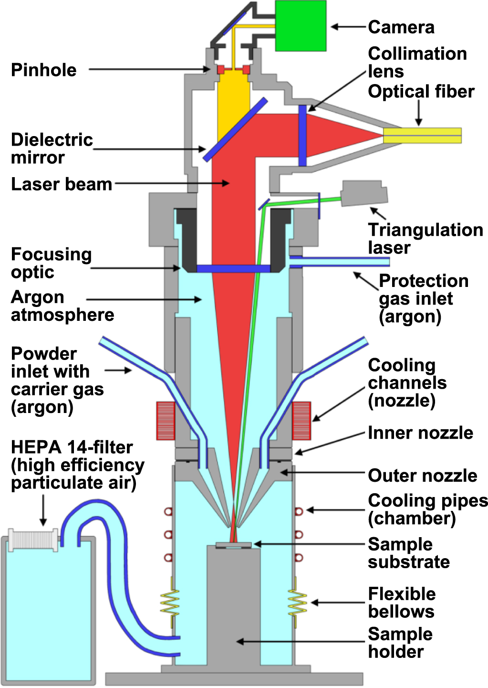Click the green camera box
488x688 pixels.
(x=301, y=25)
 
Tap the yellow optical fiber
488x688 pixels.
(x=423, y=135)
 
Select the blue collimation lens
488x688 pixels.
(x=302, y=136)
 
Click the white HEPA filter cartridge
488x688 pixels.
(x=33, y=540)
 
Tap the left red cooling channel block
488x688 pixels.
(x=166, y=421)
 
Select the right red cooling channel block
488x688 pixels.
(x=301, y=421)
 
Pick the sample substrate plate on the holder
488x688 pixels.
(x=233, y=545)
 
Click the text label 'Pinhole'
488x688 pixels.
(x=43, y=70)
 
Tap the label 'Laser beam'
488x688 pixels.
(x=61, y=184)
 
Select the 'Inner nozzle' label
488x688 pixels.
(x=420, y=433)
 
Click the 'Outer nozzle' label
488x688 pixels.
(x=422, y=476)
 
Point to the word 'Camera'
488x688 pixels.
(x=401, y=27)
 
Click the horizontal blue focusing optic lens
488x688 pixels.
(x=233, y=269)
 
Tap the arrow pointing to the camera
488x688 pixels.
(x=348, y=27)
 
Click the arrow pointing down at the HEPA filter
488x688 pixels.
(x=43, y=511)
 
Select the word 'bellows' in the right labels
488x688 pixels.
(x=401, y=612)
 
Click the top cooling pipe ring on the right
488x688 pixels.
(x=299, y=511)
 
